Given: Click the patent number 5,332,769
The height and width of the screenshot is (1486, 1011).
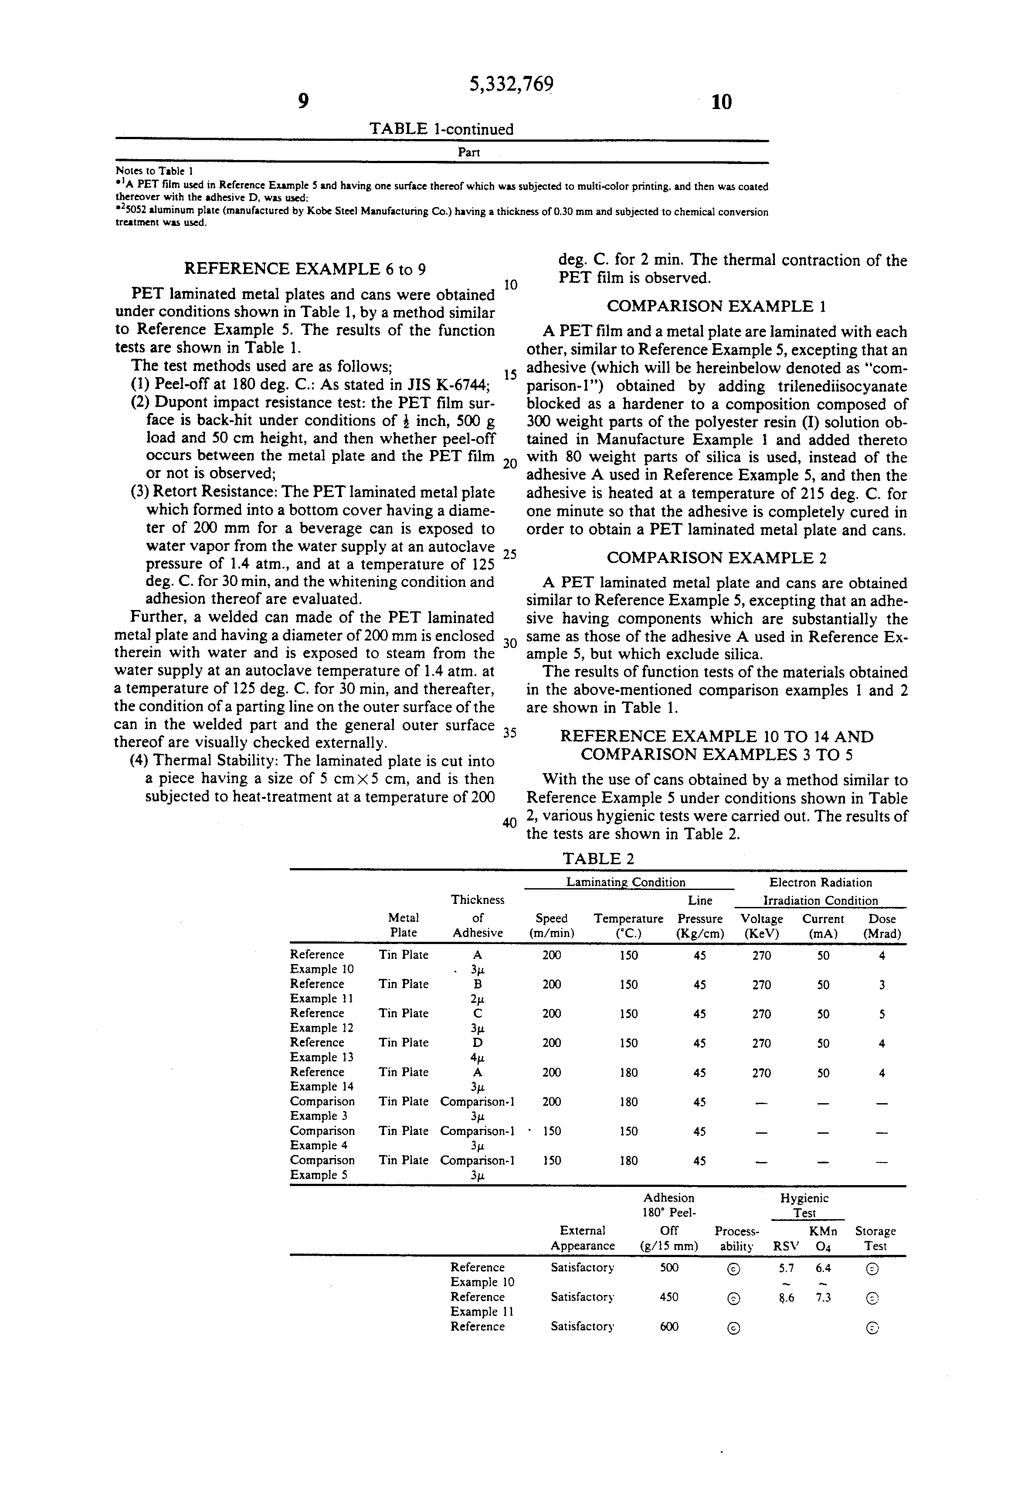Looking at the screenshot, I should (x=511, y=85).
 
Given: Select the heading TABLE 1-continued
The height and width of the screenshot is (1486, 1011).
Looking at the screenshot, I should (x=441, y=129).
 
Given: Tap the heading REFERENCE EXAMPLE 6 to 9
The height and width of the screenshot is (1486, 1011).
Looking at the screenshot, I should (x=305, y=269).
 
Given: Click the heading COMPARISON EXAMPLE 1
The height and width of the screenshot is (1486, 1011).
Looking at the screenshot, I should (x=716, y=306).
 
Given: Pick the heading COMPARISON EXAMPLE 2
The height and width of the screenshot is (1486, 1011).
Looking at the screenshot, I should (x=716, y=558).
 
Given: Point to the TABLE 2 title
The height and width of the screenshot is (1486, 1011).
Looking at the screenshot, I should (x=598, y=859).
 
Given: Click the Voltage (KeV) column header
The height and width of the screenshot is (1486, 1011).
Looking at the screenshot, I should (x=761, y=926).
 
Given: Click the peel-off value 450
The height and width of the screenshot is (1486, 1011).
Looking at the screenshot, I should (x=668, y=1297).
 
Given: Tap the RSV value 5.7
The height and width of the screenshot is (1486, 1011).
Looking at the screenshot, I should (x=786, y=1267).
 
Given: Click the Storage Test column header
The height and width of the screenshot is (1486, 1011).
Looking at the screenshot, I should (x=875, y=1238).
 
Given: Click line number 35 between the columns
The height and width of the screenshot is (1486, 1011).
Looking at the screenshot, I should (x=509, y=733).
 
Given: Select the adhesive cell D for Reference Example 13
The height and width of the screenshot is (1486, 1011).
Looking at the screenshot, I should (x=477, y=1043).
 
